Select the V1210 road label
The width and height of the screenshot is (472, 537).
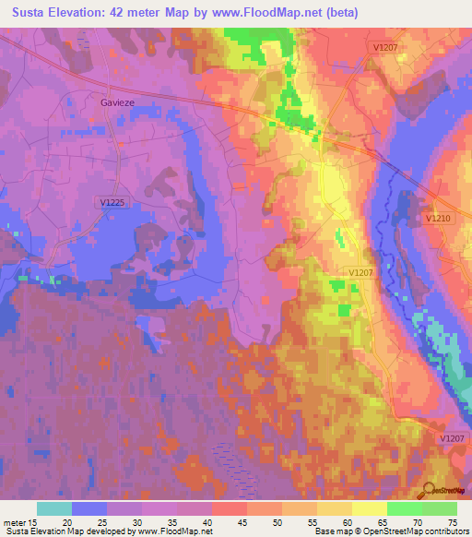point(438,219)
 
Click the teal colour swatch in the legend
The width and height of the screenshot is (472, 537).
point(54,508)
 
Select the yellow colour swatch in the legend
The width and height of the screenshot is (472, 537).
point(369,508)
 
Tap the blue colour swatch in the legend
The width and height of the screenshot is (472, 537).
point(89,508)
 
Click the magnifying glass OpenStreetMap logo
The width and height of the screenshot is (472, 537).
point(428,490)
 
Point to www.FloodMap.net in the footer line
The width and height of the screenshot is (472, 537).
point(184,531)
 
